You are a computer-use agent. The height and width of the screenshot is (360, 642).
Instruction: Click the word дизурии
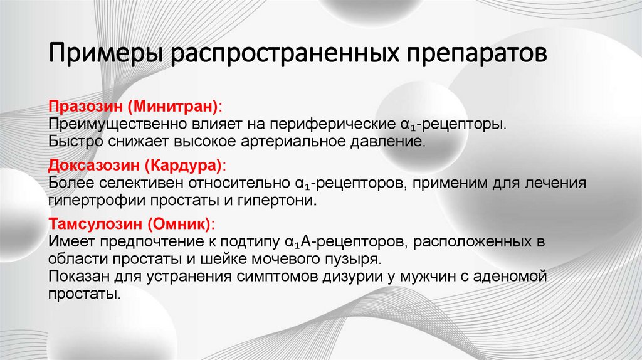[343, 276]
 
